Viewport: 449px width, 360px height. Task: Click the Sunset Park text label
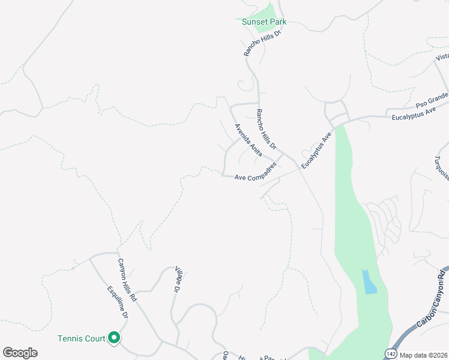pyautogui.click(x=264, y=22)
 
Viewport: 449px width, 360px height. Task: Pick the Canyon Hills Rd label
pyautogui.click(x=127, y=280)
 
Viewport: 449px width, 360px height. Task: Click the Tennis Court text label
pyautogui.click(x=81, y=338)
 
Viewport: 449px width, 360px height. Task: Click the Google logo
pyautogui.click(x=20, y=353)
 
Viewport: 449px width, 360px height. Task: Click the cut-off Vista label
pyautogui.click(x=442, y=57)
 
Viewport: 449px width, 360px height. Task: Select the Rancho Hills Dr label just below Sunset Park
pyautogui.click(x=262, y=42)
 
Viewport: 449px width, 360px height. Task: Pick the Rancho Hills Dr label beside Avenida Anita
pyautogui.click(x=265, y=129)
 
